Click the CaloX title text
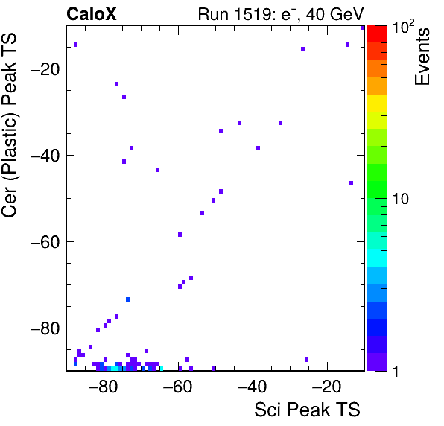[92, 14]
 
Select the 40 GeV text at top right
[334, 14]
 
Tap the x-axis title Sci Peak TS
[307, 410]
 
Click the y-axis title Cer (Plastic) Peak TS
[9, 125]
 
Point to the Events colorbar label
[422, 57]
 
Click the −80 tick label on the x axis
[103, 387]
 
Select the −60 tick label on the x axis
[177, 387]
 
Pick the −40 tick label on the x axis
[252, 387]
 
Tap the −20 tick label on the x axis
[326, 387]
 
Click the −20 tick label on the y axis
[45, 69]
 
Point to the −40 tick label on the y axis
[45, 156]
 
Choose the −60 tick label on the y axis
[45, 242]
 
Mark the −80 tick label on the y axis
[45, 328]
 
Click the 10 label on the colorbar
[401, 199]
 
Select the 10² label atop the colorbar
[403, 27]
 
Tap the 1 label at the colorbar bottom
[396, 371]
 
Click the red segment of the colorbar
[377, 34]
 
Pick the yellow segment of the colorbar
[377, 103]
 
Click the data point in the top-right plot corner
[363, 28]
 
